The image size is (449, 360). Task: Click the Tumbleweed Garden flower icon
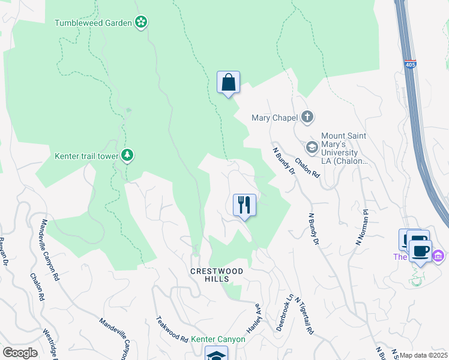pyautogui.click(x=141, y=22)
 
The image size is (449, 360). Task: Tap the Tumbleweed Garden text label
pyautogui.click(x=93, y=23)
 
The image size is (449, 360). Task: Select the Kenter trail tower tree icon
pyautogui.click(x=127, y=156)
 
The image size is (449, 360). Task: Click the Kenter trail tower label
pyautogui.click(x=86, y=156)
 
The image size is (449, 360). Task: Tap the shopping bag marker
pyautogui.click(x=228, y=82)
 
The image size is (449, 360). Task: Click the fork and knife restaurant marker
pyautogui.click(x=244, y=205)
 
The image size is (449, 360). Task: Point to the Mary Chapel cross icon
pyautogui.click(x=307, y=117)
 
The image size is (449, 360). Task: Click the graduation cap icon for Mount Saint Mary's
pyautogui.click(x=312, y=147)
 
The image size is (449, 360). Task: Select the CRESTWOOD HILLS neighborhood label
pyautogui.click(x=217, y=275)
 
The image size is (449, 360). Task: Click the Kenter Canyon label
pyautogui.click(x=218, y=339)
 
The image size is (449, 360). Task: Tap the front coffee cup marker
pyautogui.click(x=420, y=251)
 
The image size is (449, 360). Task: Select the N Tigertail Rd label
pyautogui.click(x=304, y=317)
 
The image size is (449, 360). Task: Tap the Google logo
pyautogui.click(x=20, y=353)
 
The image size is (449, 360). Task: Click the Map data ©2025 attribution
pyautogui.click(x=424, y=355)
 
